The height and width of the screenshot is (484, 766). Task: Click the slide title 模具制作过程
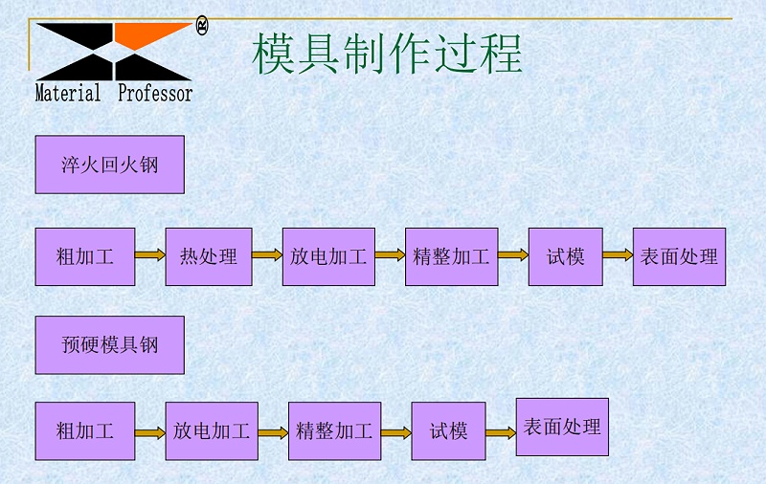[x=387, y=54]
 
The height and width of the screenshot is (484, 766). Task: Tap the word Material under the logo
[x=68, y=94]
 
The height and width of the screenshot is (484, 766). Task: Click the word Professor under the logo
[x=154, y=94]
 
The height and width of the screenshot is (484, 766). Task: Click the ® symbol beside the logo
[x=202, y=26]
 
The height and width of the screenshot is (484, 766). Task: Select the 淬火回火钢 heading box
[x=109, y=165]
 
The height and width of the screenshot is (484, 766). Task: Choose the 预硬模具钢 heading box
[x=109, y=344]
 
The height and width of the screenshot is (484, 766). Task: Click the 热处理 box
[x=209, y=256]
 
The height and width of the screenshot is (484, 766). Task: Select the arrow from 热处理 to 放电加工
[x=267, y=255]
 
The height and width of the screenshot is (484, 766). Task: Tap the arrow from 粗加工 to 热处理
[x=150, y=255]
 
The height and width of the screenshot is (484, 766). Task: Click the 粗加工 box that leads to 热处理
[x=85, y=256]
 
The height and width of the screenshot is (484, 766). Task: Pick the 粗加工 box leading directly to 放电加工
[x=85, y=431]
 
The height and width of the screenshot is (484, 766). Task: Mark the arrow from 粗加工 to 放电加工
[x=150, y=432]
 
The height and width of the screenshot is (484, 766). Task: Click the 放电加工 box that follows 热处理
[x=328, y=256]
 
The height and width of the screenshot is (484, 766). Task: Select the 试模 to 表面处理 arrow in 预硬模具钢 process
[x=501, y=432]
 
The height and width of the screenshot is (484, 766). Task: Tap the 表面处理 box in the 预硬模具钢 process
[x=562, y=427]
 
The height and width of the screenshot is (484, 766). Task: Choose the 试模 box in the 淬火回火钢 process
[x=565, y=256]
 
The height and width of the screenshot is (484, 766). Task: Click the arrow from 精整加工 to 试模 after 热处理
[x=513, y=255]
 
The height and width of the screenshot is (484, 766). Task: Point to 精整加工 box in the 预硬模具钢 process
[x=334, y=431]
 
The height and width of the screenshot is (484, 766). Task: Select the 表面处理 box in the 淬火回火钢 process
[x=679, y=256]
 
